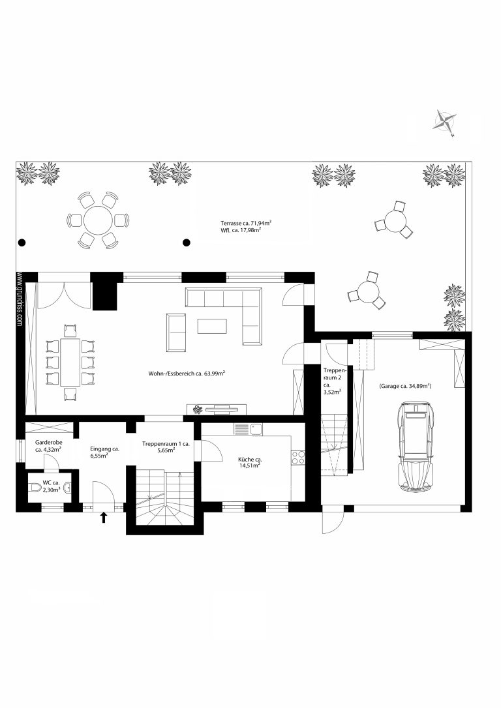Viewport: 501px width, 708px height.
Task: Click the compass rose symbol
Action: (444, 121)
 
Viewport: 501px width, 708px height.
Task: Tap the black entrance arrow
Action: (104, 517)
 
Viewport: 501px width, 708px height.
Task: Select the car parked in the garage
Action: (416, 447)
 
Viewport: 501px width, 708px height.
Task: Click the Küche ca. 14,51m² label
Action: (250, 462)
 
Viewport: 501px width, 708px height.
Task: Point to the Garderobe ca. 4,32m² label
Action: (48, 446)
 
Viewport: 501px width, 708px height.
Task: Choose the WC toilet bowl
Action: (34, 487)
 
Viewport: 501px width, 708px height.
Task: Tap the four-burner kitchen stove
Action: (298, 458)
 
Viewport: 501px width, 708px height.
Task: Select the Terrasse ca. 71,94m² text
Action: (246, 223)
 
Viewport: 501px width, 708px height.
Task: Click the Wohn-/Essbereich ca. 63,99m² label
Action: (187, 374)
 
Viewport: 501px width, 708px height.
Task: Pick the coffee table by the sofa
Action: (212, 326)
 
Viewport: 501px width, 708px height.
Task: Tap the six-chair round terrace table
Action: (98, 221)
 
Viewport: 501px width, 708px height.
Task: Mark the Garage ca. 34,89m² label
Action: (405, 386)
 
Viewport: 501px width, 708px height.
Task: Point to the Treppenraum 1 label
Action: (166, 447)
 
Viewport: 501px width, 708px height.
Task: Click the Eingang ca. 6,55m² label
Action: (104, 452)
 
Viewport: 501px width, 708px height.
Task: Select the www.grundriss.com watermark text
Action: (20, 299)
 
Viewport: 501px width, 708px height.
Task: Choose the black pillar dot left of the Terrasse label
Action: (187, 243)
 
